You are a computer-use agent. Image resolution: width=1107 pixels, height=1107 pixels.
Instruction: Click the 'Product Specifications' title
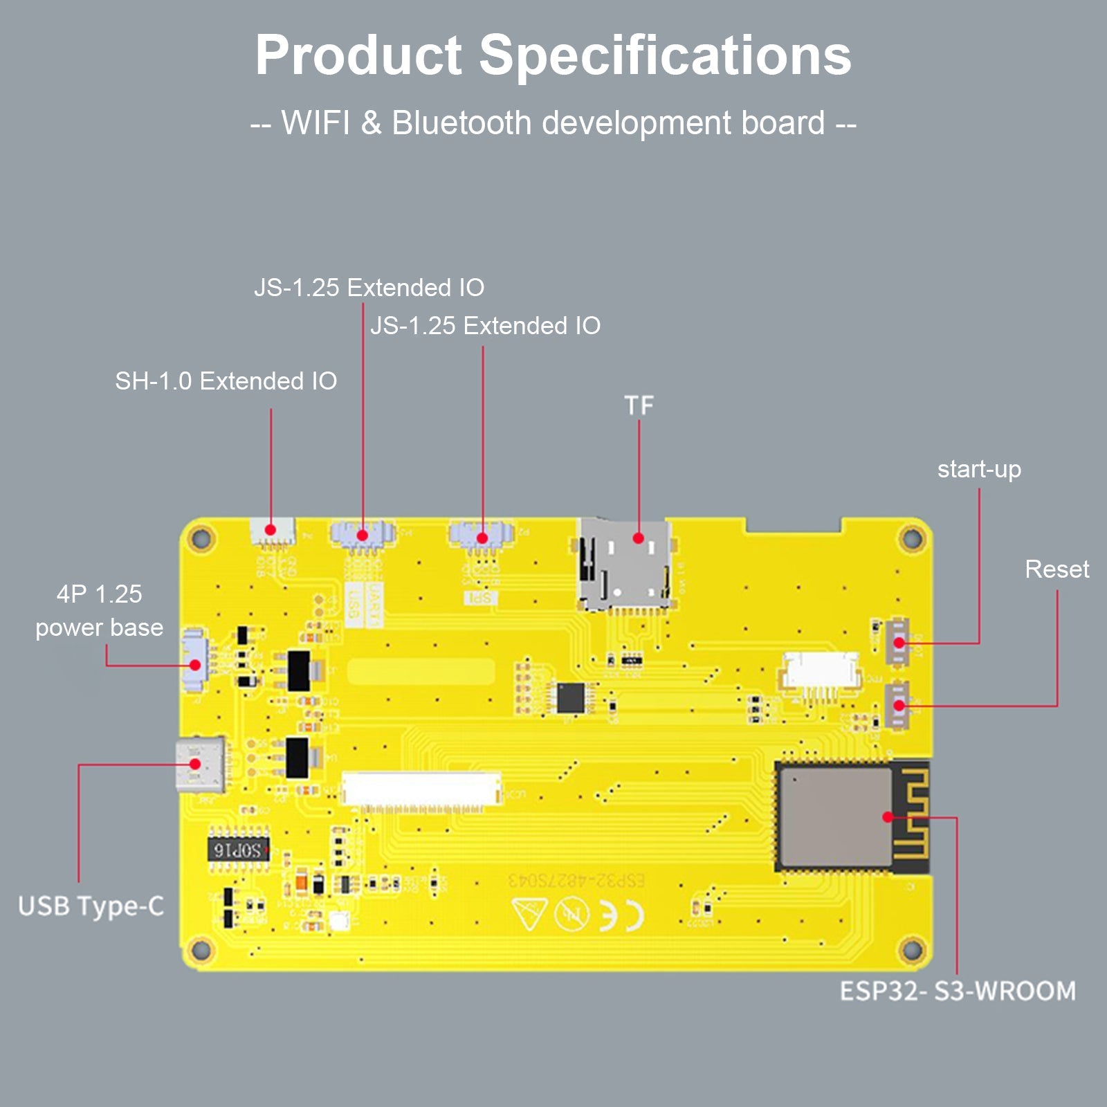553,55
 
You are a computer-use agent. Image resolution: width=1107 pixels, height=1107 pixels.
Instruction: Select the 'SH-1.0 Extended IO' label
226,381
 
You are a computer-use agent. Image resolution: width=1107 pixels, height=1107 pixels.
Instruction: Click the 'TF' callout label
639,405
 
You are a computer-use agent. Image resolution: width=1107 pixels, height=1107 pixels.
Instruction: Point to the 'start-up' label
979,470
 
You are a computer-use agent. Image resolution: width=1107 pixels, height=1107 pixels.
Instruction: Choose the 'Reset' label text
1056,569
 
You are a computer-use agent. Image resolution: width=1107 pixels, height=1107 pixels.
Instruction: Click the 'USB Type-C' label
91,906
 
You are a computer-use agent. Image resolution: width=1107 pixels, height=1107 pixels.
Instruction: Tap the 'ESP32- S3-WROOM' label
958,991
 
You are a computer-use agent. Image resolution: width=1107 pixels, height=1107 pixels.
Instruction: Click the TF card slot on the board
625,564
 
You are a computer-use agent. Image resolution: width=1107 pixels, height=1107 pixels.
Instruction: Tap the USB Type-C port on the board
200,765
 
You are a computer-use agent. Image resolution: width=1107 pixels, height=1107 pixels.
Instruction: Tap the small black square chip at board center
571,697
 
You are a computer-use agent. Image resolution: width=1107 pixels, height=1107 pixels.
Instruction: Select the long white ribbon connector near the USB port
421,789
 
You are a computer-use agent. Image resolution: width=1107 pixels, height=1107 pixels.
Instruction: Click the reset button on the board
898,705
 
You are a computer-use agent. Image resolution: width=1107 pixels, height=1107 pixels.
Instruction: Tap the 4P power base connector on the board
194,660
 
